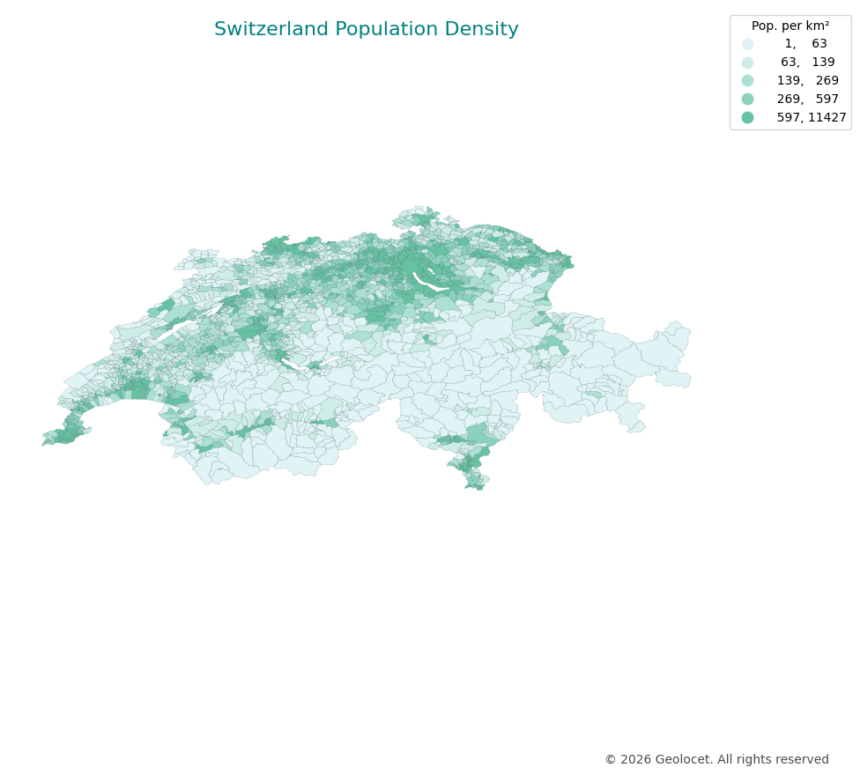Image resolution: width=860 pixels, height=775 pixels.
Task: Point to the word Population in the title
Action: pos(385,30)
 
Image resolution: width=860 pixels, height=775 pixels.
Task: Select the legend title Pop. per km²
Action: pos(790,26)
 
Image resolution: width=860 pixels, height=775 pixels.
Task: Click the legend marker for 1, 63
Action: pos(747,44)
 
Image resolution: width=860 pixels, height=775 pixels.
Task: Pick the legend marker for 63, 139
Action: pos(747,63)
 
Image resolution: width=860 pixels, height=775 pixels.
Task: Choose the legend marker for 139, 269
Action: pos(747,81)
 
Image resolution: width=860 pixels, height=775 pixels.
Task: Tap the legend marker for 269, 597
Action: pos(747,100)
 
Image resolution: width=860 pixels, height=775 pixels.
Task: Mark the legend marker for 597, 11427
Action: pos(747,117)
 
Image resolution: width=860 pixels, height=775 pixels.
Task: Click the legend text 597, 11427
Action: pos(811,117)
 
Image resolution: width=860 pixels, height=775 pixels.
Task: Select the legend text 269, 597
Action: pos(807,100)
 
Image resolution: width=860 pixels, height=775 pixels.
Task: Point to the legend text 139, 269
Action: pos(807,81)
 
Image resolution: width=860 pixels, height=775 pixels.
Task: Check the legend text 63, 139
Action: pos(807,63)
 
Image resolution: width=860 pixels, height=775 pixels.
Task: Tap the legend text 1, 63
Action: pos(805,44)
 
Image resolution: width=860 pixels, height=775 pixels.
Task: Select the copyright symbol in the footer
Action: pos(610,760)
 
